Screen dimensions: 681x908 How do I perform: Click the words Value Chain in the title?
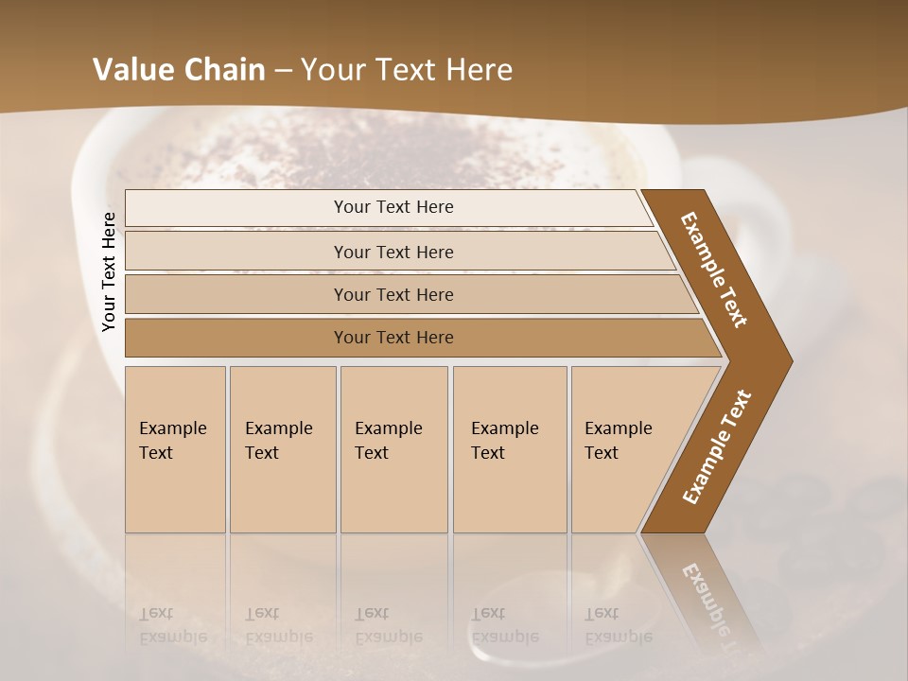pos(179,70)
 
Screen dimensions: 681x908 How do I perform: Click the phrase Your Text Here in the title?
pos(407,70)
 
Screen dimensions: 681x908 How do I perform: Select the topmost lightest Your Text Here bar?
pos(393,207)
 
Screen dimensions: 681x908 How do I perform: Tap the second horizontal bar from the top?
pos(393,252)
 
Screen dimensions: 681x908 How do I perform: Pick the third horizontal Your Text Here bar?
pos(393,294)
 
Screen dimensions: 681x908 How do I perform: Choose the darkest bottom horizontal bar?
pos(393,338)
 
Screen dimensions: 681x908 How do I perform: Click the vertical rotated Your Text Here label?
pos(109,271)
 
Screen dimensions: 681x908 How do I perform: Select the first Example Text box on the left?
pos(175,449)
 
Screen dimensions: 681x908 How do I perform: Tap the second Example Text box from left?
pos(282,449)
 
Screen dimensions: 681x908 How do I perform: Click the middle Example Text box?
pos(393,449)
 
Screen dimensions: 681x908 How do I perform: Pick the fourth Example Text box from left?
pos(509,449)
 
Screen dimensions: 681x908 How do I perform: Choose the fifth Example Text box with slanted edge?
pos(624,449)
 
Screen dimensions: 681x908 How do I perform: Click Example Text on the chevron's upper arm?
pos(714,270)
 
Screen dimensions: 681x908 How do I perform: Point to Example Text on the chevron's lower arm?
pos(716,446)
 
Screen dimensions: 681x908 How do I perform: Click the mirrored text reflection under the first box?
pos(173,626)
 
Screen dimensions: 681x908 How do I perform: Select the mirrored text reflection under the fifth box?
pos(618,626)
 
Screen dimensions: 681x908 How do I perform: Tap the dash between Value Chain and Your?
pos(283,71)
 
